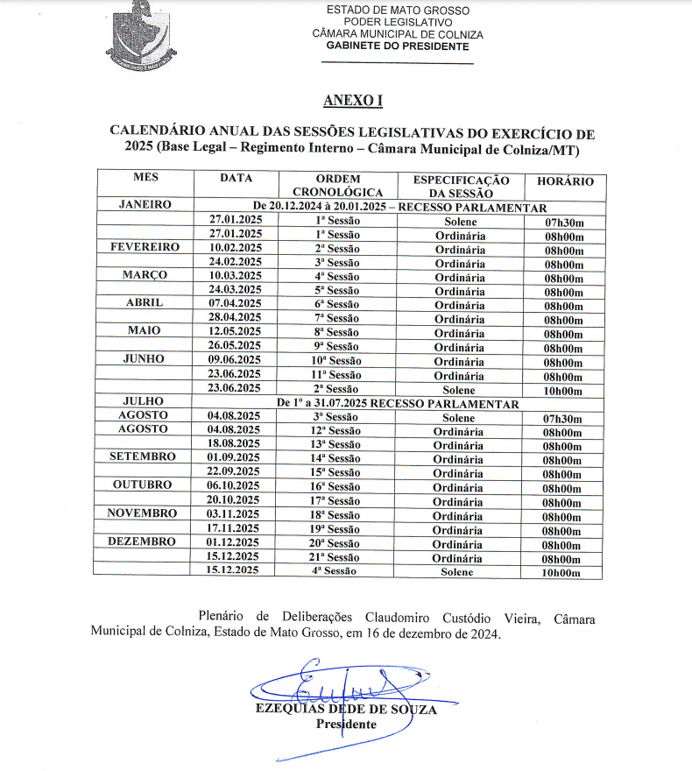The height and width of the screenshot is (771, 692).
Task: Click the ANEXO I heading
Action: pyautogui.click(x=352, y=101)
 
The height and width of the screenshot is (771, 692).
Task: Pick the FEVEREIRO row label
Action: pyautogui.click(x=145, y=248)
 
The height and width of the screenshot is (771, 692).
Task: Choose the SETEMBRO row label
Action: pyautogui.click(x=142, y=457)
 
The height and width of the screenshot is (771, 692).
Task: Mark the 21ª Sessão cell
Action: pyautogui.click(x=337, y=558)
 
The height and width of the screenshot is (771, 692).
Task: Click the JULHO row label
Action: pyautogui.click(x=144, y=403)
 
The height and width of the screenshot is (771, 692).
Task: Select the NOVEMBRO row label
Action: pyautogui.click(x=142, y=514)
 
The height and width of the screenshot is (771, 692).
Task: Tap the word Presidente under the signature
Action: pyautogui.click(x=346, y=725)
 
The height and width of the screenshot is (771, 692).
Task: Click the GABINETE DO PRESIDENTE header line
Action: pyautogui.click(x=397, y=46)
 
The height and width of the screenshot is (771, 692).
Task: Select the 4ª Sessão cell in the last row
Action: pyautogui.click(x=337, y=572)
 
